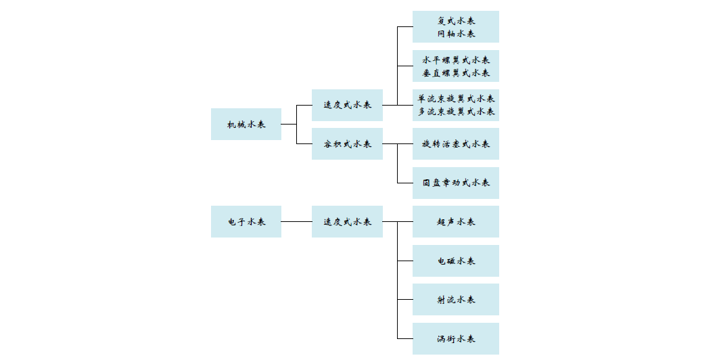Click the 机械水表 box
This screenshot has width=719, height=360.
point(246,125)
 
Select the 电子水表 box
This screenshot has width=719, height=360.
point(246,221)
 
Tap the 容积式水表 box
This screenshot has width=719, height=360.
point(347,144)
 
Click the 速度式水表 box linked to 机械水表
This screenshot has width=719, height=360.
point(347,105)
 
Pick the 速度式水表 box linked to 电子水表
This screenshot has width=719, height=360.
point(347,221)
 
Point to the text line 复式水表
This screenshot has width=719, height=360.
point(456,20)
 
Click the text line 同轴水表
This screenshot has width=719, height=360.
point(456,33)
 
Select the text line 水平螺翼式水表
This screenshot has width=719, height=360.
point(456,60)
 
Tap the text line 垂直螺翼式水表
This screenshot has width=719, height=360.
point(456,73)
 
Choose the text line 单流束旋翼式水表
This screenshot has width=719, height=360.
point(456,99)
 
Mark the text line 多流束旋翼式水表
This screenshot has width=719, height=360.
point(456,112)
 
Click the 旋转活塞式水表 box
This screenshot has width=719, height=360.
point(456,144)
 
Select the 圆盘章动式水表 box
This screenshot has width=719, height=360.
point(456,183)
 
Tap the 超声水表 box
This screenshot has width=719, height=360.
point(456,221)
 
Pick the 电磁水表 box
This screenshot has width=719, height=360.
point(456,261)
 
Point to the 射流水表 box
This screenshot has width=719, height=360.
point(456,300)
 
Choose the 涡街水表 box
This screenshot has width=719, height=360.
point(456,338)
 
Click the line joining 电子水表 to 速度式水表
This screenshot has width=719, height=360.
point(297,221)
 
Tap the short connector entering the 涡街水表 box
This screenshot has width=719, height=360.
point(405,338)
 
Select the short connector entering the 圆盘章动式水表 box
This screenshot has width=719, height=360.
point(405,183)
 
